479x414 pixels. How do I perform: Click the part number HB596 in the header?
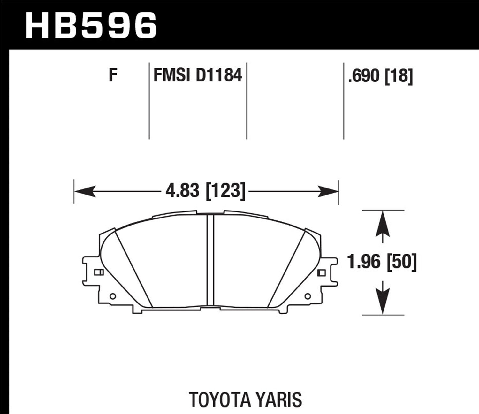coord(91,26)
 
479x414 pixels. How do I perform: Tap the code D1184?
coord(219,75)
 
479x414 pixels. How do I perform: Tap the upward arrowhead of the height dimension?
coord(383,224)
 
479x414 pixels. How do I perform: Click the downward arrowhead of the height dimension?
coord(383,302)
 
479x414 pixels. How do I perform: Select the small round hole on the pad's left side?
coord(112,296)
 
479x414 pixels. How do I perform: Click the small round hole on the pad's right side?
coord(308,296)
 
